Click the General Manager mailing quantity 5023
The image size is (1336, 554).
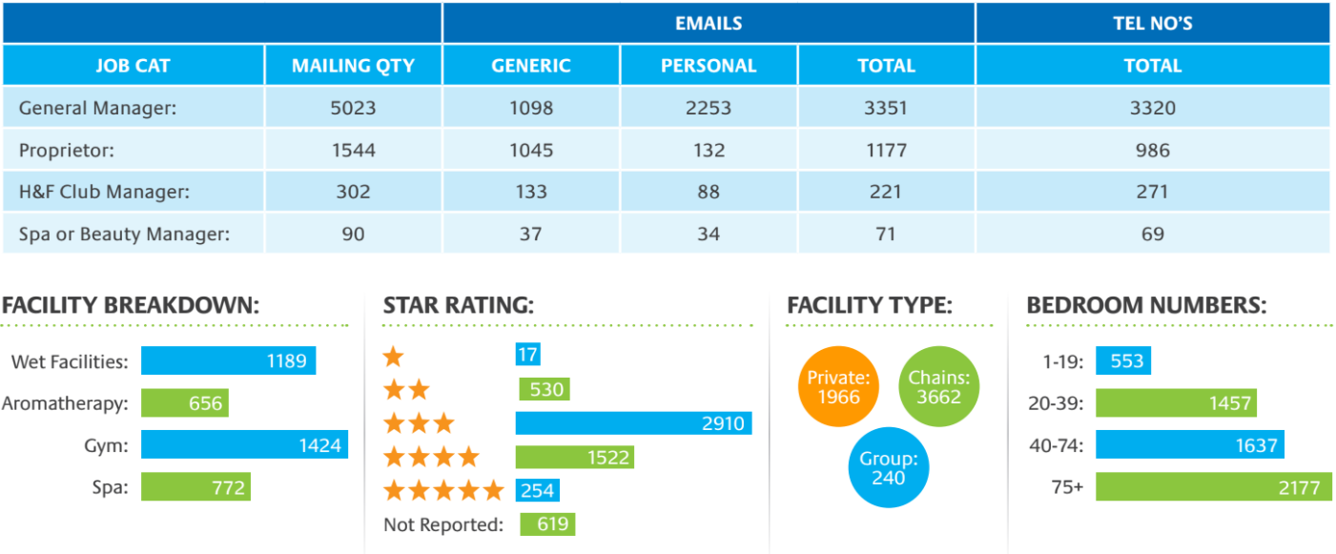pyautogui.click(x=353, y=108)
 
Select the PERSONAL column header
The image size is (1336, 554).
pyautogui.click(x=709, y=66)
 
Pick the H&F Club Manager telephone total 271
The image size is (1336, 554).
pyautogui.click(x=1152, y=192)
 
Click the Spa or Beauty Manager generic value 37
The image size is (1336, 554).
pyautogui.click(x=531, y=234)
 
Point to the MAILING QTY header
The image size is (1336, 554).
pyautogui.click(x=353, y=66)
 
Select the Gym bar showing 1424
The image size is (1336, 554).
pyautogui.click(x=244, y=444)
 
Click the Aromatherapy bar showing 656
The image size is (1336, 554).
pyautogui.click(x=185, y=403)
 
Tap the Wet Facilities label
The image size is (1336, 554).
pyautogui.click(x=69, y=361)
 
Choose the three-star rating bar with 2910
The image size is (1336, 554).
pyautogui.click(x=633, y=423)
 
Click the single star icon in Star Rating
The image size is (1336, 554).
pyautogui.click(x=393, y=358)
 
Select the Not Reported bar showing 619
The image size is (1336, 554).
pyautogui.click(x=547, y=523)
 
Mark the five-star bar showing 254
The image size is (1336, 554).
pyautogui.click(x=537, y=490)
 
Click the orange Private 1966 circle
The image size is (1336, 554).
pyautogui.click(x=838, y=386)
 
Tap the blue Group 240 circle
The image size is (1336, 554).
pyautogui.click(x=888, y=467)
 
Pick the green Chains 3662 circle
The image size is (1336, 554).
pyautogui.click(x=938, y=386)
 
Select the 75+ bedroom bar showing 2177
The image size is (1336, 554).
pyautogui.click(x=1213, y=487)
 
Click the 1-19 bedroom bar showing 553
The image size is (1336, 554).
pyautogui.click(x=1123, y=361)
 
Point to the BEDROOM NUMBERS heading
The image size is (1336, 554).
pyautogui.click(x=1146, y=306)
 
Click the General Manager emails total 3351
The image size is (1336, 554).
pyautogui.click(x=886, y=108)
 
